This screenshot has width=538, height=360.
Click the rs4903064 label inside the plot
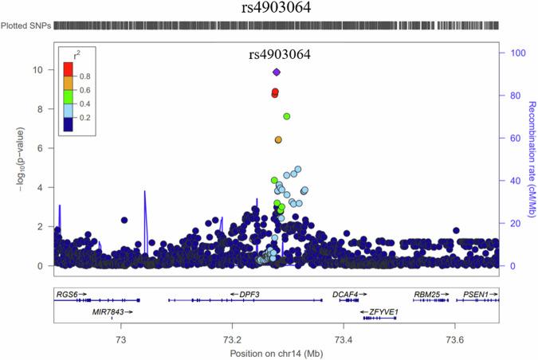[x=280, y=55]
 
